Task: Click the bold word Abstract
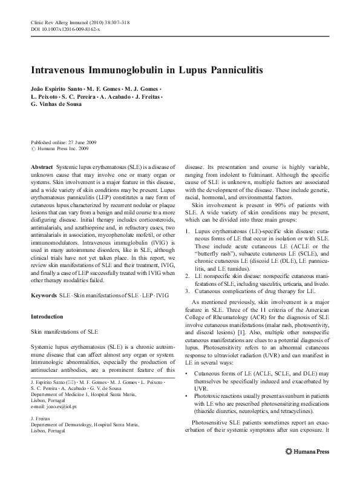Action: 41,166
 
